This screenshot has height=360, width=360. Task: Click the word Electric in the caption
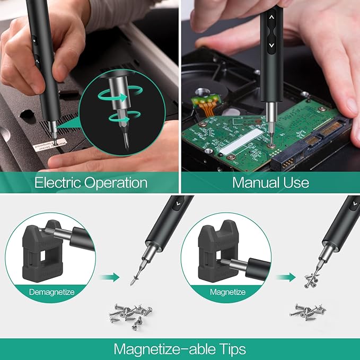[x=57, y=183]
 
